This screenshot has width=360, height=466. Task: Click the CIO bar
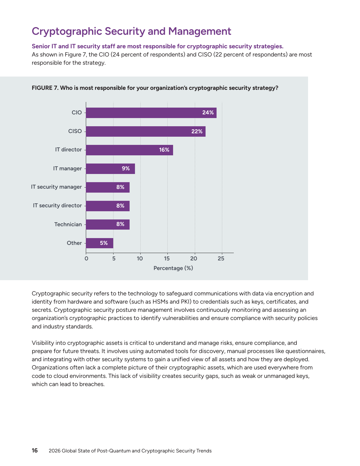coord(151,113)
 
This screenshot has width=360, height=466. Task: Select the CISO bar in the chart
coord(145,131)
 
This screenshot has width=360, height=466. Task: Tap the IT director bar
coord(129,150)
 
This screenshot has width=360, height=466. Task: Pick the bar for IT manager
coord(110,169)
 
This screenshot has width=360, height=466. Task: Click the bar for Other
coord(99,243)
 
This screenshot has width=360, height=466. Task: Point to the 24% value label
coord(208,113)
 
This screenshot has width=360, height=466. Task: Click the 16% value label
coord(164,150)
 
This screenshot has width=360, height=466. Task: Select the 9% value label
coord(126,169)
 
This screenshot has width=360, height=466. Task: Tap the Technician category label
coord(68,225)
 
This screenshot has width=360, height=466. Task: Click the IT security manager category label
coord(56,187)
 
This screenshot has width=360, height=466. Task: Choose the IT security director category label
coord(57,206)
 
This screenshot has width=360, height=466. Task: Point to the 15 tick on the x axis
coord(167,258)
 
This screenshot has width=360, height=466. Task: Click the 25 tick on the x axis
coord(221,258)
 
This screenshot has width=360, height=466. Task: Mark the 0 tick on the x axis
coord(86,258)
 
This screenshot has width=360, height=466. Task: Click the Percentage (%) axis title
coord(173,268)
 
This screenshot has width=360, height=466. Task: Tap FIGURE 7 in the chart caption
coord(45,88)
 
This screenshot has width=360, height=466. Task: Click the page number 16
coord(34,450)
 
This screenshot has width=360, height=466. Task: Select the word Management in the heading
coord(200,31)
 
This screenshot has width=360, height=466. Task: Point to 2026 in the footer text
coord(54,451)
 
